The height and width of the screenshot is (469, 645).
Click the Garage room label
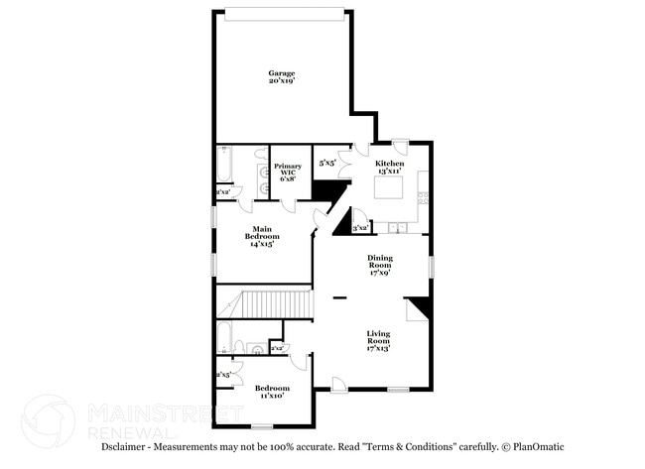[x=282, y=76]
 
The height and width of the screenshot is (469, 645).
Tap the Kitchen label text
[x=388, y=167]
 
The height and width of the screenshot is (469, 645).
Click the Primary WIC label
[x=288, y=172]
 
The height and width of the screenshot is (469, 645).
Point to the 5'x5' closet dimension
[x=326, y=162]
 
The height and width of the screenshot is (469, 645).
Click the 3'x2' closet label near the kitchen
[x=361, y=228]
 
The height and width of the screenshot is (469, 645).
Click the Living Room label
[x=378, y=339]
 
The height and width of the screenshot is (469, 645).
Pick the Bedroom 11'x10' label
[x=271, y=392]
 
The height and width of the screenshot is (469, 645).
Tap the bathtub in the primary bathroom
[x=223, y=165]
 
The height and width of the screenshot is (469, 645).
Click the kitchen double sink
[x=397, y=229]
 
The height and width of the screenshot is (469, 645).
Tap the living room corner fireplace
[x=421, y=309]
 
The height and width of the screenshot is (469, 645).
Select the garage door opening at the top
[x=285, y=13]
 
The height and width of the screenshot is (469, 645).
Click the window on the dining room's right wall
[x=431, y=266]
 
